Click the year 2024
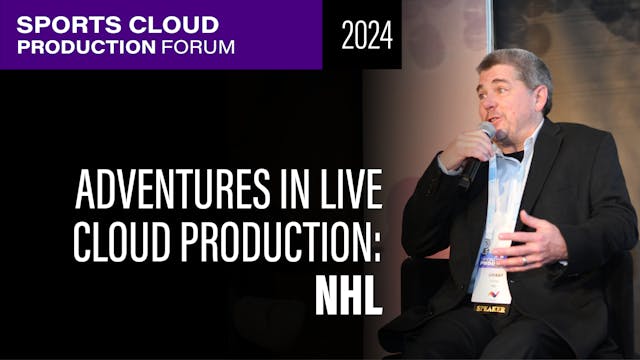point(366,36)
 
